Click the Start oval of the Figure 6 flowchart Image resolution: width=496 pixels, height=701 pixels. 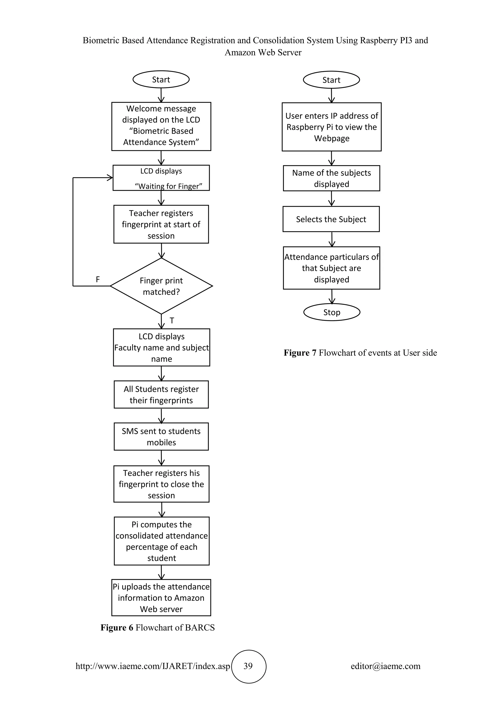point(161,80)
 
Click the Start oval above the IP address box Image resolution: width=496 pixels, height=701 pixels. point(331,80)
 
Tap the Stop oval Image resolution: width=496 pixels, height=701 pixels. point(332,312)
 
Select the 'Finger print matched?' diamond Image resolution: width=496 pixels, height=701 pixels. point(161,286)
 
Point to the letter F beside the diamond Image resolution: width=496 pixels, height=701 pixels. point(98,279)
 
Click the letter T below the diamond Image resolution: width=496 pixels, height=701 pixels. point(172,320)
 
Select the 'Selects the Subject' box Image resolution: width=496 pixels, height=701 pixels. point(331,219)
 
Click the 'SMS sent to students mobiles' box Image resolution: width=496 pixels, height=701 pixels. point(161,437)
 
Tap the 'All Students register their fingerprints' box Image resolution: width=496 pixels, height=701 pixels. point(161,395)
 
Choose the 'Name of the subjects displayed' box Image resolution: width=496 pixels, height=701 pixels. point(331,178)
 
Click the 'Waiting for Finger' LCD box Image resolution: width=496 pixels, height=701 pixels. point(161,178)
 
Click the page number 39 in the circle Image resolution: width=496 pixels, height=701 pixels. point(248,666)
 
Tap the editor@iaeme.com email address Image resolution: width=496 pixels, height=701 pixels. point(385,666)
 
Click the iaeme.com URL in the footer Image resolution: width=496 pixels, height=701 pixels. point(153,666)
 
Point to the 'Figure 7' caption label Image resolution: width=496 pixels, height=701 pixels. point(300,353)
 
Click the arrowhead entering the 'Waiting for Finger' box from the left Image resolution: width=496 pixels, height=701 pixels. point(110,178)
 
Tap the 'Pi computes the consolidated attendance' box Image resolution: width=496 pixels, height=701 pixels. point(162,541)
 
